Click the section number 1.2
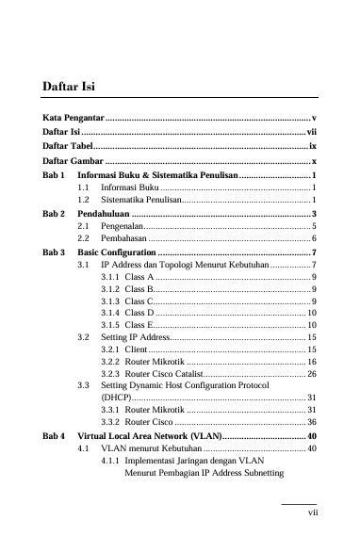(83, 201)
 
